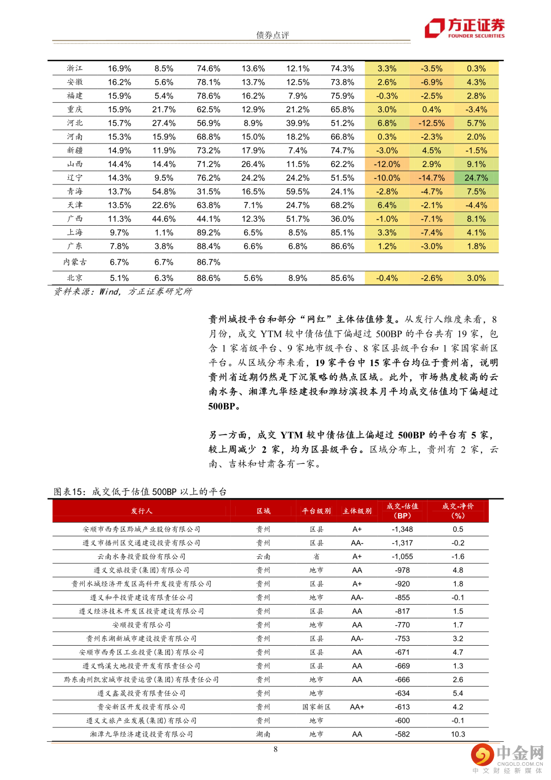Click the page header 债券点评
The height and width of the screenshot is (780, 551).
(x=272, y=35)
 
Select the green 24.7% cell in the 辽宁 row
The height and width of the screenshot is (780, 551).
(x=476, y=178)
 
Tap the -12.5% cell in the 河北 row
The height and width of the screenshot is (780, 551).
(x=432, y=123)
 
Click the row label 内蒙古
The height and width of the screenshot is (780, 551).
(x=75, y=262)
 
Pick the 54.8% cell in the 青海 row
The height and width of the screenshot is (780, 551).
(x=164, y=192)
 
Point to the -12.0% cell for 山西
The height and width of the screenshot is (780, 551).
(x=387, y=164)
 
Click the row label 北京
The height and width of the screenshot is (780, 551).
(x=75, y=278)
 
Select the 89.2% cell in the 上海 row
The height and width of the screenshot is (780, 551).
(x=208, y=232)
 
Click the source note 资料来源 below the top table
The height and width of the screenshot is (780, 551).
(x=123, y=292)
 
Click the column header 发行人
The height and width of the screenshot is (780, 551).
(x=141, y=511)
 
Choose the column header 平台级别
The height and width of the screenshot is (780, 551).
(x=316, y=511)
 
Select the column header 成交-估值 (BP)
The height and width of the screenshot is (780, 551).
(x=403, y=511)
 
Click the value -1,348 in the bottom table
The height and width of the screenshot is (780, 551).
(x=403, y=529)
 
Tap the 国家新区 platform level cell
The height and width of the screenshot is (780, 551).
(x=316, y=707)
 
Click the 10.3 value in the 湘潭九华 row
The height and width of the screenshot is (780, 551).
(x=458, y=734)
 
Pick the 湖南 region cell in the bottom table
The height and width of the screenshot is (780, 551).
(x=263, y=734)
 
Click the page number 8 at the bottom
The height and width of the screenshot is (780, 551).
(x=275, y=749)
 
